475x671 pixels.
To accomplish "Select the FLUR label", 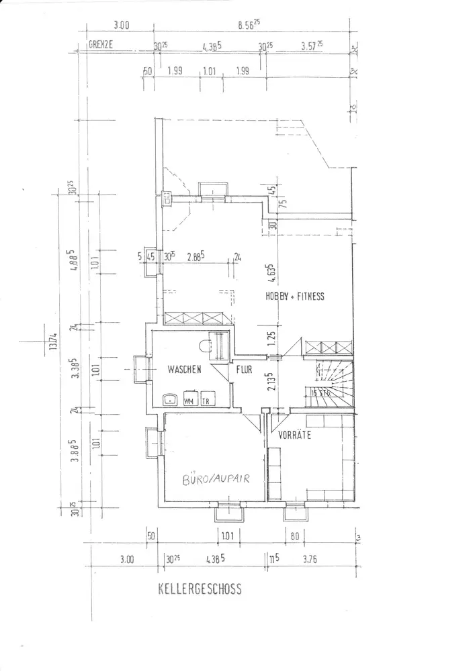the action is click(x=243, y=369).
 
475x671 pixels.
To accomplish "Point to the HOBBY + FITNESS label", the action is click(x=296, y=295).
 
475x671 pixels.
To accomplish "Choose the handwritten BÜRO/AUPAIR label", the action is click(x=215, y=478).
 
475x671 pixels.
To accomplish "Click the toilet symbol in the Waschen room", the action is click(x=206, y=346).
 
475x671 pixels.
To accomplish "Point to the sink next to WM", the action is click(x=171, y=399).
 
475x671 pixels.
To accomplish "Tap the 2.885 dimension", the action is click(x=196, y=256).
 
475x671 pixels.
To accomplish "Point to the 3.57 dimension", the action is click(x=311, y=46).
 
